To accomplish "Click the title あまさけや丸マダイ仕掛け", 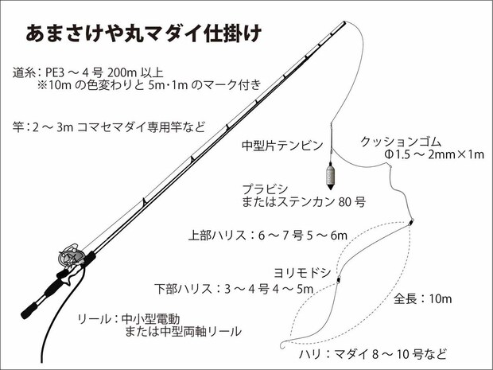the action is point(144,33).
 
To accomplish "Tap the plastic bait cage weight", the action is point(330,176).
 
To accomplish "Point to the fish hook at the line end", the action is point(283,345).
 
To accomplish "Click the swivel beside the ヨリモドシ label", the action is point(338,280).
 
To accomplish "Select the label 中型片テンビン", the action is point(282,146).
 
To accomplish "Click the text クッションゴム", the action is point(402,142).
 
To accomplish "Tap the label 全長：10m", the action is point(422,298).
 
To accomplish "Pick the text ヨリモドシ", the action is point(302,273).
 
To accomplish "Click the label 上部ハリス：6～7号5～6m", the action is point(268,235).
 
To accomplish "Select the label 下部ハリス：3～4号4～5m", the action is point(234,289).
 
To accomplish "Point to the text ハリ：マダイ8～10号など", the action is point(372,354).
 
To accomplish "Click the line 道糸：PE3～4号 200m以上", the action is point(88,72).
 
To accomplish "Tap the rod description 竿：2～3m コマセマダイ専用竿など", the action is point(109,127).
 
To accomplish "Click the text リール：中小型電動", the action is point(129,319).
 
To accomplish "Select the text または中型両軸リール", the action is point(184,332).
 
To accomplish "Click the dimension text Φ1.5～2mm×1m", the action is point(434,154).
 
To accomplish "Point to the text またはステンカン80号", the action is point(304,201).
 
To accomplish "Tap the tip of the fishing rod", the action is point(344,22).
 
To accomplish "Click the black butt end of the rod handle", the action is point(29,310).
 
